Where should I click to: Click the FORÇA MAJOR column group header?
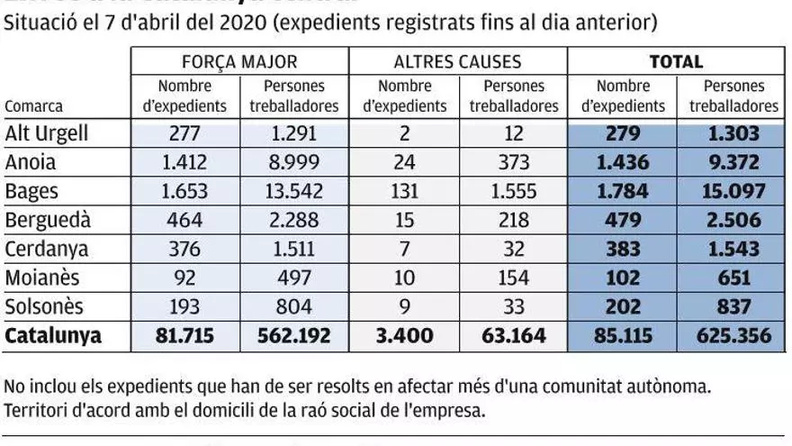(x=238, y=62)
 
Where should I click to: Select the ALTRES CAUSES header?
(x=458, y=62)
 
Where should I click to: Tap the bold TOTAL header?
(x=677, y=62)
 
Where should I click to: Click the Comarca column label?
(x=34, y=105)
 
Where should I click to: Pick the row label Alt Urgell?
(x=47, y=134)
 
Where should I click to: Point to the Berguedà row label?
(x=48, y=221)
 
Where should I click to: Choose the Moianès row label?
(x=44, y=278)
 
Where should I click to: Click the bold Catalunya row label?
(x=54, y=336)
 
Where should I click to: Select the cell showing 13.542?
(x=294, y=192)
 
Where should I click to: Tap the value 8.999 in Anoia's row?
(x=294, y=163)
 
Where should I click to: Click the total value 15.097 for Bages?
(x=733, y=192)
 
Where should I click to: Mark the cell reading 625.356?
(x=733, y=336)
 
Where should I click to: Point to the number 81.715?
(x=184, y=336)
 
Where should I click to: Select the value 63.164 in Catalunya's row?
(x=514, y=336)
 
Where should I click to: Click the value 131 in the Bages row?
(x=404, y=192)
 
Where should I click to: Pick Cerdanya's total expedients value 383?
(x=623, y=250)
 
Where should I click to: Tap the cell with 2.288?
(x=294, y=221)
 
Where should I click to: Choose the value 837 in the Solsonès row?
(x=733, y=307)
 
